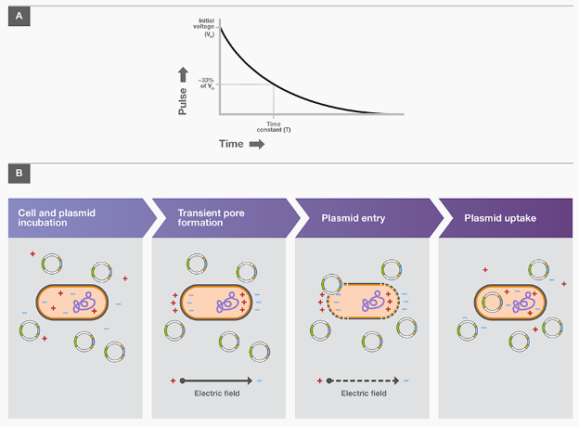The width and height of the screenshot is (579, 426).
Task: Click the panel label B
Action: (x=16, y=173)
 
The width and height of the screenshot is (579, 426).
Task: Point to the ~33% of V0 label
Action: (x=206, y=84)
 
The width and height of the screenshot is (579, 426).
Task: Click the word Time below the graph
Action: (x=231, y=144)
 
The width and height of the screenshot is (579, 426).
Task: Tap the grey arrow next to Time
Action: (x=257, y=144)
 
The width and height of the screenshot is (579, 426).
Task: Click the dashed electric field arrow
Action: (x=361, y=381)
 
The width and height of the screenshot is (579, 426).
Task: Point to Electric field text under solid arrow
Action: (x=216, y=394)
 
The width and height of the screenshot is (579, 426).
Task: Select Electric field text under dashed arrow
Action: (x=361, y=394)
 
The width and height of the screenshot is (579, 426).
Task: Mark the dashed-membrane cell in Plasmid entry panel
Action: (x=363, y=302)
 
